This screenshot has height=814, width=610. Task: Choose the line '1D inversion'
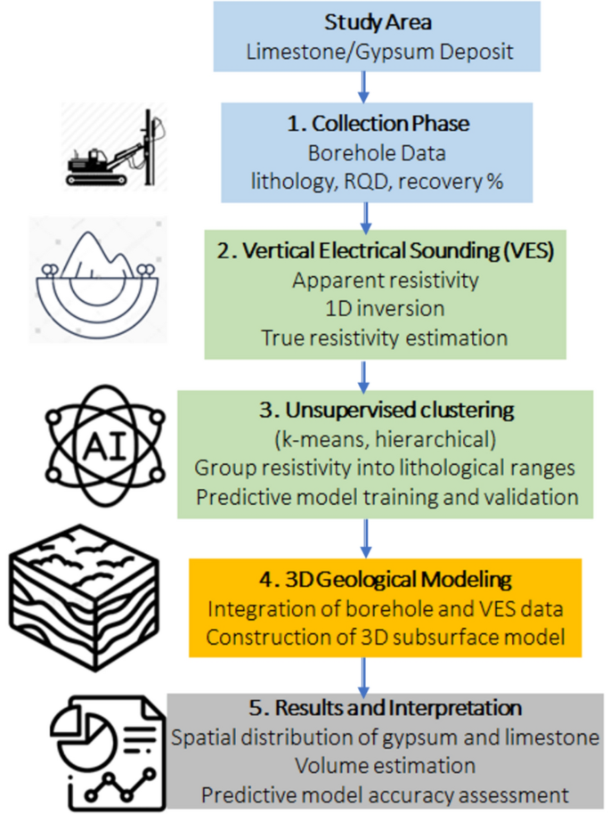pyautogui.click(x=385, y=308)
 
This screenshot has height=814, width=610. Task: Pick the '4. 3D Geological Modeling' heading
pyautogui.click(x=384, y=581)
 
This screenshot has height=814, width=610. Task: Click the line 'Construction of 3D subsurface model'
pyautogui.click(x=384, y=638)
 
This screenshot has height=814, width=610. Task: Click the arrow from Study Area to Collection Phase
pyautogui.click(x=363, y=86)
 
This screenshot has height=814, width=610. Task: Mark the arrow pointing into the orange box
pyautogui.click(x=363, y=539)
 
